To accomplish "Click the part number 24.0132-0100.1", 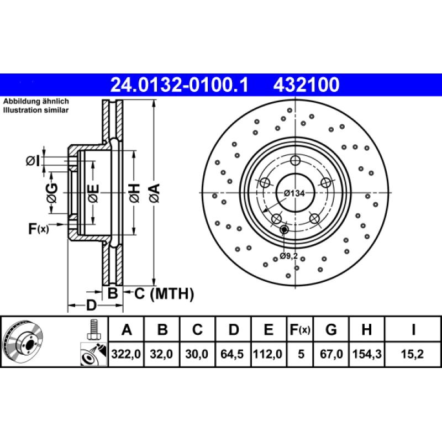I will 180,85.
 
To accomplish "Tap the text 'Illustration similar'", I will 36,110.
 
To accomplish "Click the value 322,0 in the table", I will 127,355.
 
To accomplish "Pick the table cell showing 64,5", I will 234,355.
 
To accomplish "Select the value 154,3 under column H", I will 366,355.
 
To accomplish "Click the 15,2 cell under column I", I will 413,355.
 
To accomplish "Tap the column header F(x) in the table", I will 301,330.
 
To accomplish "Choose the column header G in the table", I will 331,330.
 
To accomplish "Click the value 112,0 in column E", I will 268,355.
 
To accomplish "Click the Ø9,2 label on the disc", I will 289,256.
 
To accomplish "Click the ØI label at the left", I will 33,161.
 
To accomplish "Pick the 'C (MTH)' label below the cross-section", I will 164,294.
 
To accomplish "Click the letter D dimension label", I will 91,305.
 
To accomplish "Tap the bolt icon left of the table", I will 93,330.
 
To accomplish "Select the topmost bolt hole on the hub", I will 296,161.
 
